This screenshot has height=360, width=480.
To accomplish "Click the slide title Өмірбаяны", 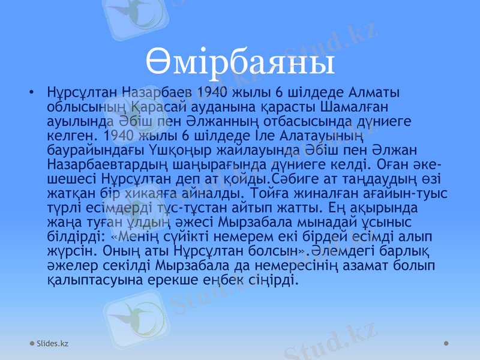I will [x=240, y=62].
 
